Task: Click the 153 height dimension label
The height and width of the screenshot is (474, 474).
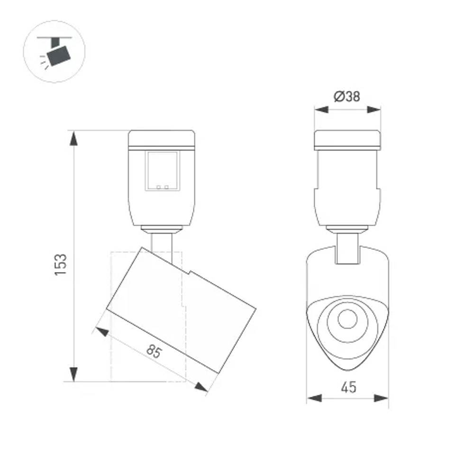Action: click(x=61, y=266)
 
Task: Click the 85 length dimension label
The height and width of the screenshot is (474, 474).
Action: click(x=154, y=351)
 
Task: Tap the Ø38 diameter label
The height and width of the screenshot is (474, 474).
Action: click(x=347, y=97)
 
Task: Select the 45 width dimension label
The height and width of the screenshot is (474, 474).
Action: click(x=348, y=387)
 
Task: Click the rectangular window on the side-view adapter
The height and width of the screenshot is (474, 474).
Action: click(x=163, y=171)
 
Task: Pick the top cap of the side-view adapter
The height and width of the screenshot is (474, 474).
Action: click(x=162, y=138)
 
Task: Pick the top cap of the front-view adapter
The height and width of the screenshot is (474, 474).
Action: click(x=347, y=138)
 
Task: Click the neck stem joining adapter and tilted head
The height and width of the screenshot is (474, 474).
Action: click(x=162, y=245)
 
